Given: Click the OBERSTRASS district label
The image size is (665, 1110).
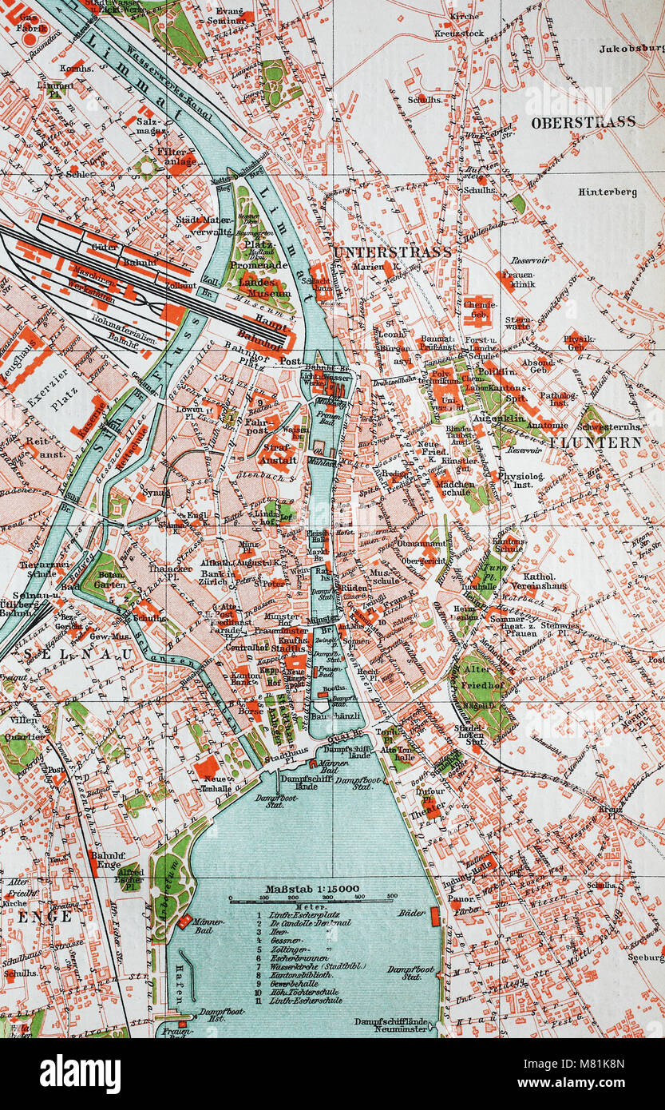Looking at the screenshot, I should pyautogui.click(x=583, y=122).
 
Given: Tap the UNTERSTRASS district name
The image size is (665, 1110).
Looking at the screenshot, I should pyautogui.click(x=391, y=252).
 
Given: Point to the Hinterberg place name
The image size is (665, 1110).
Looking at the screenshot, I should pyautogui.click(x=608, y=192).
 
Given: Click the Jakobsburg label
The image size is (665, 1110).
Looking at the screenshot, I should pyautogui.click(x=631, y=48).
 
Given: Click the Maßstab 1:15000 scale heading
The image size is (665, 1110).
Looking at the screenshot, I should pyautogui.click(x=307, y=888).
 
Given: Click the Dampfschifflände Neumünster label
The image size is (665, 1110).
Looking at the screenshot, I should pyautogui.click(x=395, y=1026).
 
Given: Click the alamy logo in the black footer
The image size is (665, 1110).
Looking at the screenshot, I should pyautogui.click(x=80, y=1073).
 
